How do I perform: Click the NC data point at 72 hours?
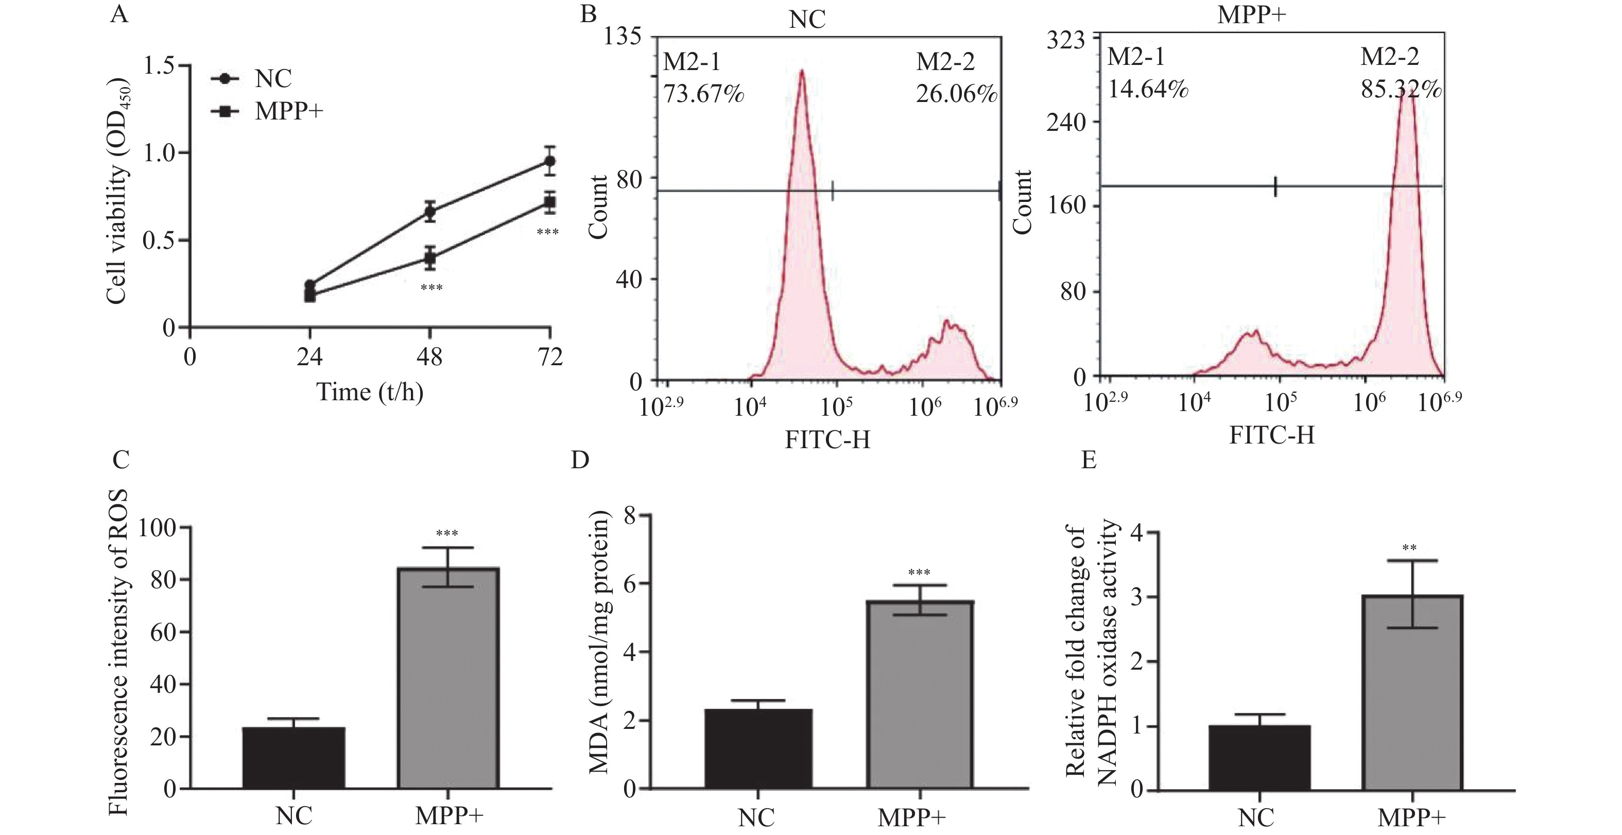[x=550, y=161]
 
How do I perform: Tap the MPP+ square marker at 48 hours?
[x=430, y=258]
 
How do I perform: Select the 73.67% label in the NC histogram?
[x=703, y=94]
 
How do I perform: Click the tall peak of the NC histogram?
[x=802, y=73]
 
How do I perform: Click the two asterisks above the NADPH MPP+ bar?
[x=1409, y=548]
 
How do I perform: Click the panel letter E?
[x=1089, y=461]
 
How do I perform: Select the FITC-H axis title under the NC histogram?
[x=827, y=439]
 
